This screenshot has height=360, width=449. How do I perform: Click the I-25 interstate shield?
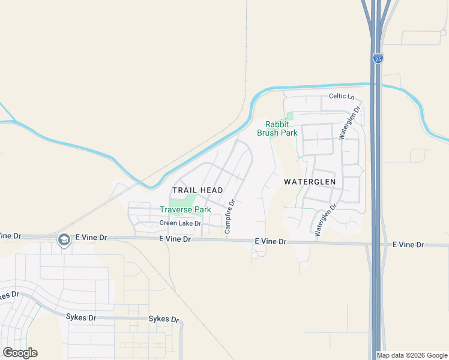tap(378, 58)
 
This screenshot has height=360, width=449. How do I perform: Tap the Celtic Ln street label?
tap(342, 97)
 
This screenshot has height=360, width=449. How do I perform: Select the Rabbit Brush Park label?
tap(277, 128)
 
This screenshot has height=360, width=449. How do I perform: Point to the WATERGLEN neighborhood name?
tap(310, 181)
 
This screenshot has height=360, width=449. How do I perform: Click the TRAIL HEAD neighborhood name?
tap(197, 190)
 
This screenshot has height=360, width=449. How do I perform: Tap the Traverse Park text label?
tap(185, 209)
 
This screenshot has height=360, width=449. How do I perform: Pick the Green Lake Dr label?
tap(180, 223)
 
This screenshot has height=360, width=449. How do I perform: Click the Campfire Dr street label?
tap(229, 217)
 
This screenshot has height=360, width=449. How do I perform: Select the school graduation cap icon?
tap(64, 240)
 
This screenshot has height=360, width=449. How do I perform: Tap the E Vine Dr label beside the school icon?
tap(91, 238)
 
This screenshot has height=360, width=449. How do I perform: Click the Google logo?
tap(20, 353)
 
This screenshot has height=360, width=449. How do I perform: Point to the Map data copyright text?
tap(412, 355)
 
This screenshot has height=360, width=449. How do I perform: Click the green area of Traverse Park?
tap(190, 200)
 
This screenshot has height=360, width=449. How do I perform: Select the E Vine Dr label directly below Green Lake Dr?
tap(175, 239)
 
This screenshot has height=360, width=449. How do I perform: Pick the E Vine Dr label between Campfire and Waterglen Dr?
tap(271, 241)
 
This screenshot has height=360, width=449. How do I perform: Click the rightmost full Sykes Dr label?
tap(164, 319)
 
